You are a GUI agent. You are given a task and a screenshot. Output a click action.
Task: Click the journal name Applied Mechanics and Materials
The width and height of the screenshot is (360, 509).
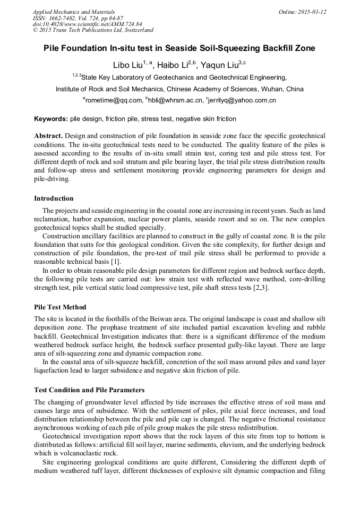(73, 12)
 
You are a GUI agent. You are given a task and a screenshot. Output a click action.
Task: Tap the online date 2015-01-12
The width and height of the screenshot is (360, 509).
(313, 12)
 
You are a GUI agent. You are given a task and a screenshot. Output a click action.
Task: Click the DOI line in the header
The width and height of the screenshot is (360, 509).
(80, 24)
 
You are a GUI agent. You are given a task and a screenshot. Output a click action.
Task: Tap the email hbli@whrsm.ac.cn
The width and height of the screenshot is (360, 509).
(176, 100)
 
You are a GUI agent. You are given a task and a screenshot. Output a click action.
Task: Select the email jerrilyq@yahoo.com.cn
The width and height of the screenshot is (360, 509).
(243, 100)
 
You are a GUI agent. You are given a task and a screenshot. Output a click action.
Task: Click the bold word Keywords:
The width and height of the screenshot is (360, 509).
(50, 119)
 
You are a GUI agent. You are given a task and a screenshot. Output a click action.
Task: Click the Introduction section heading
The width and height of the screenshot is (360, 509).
(54, 199)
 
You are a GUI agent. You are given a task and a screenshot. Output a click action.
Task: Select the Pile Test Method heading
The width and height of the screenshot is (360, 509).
(60, 307)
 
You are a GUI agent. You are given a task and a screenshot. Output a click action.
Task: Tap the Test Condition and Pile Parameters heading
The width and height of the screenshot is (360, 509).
(89, 390)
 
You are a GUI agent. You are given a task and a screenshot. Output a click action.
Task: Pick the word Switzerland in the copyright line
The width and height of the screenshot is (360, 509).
(135, 31)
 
